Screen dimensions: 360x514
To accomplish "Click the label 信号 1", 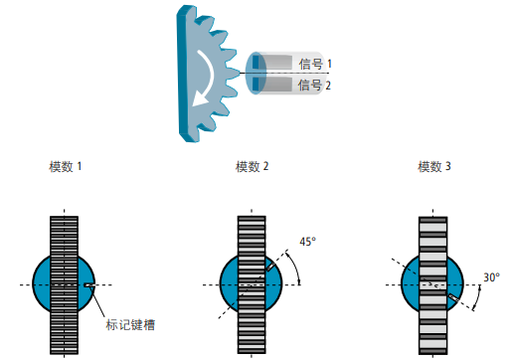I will (315, 64).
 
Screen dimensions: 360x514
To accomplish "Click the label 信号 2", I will (315, 86).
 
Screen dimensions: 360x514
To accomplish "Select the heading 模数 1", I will (65, 166).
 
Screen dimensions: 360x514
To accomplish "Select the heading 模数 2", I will (252, 166).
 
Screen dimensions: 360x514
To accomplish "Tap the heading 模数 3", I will (434, 166).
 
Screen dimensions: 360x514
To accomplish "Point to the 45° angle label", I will (307, 242).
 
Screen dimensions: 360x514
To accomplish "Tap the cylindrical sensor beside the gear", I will (288, 75).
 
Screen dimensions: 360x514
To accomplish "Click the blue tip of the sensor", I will (257, 74).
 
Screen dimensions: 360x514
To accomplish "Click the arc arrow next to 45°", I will (294, 267).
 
